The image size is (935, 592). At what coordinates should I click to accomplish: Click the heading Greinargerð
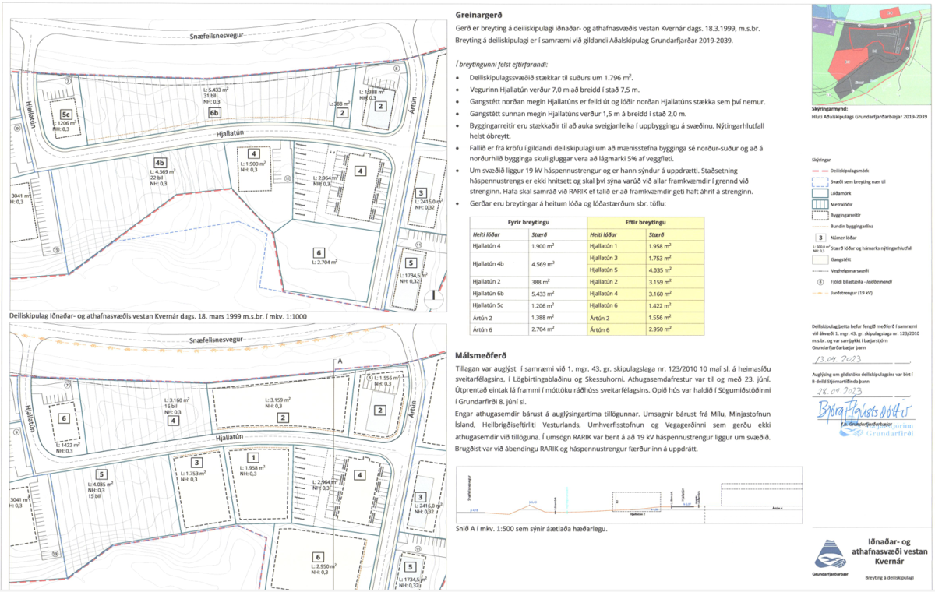[x=477, y=13]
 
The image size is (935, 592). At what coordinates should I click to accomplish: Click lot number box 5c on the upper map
[x=58, y=111]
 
